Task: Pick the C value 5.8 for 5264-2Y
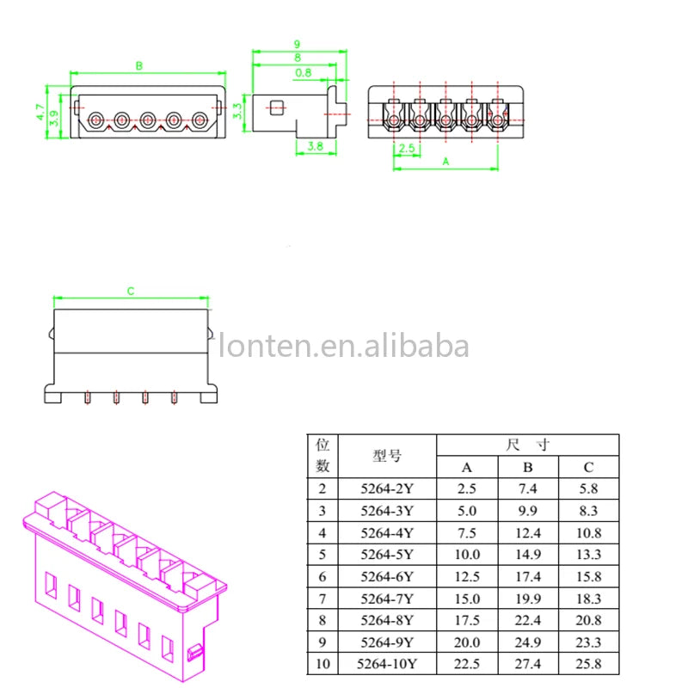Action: coord(588,489)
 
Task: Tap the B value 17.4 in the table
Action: coord(528,576)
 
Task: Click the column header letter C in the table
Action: coord(588,468)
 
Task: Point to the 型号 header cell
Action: coord(387,457)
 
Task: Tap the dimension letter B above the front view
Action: coord(139,66)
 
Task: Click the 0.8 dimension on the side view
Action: coord(303,73)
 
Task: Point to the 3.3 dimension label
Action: coord(238,110)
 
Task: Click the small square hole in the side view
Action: coord(276,107)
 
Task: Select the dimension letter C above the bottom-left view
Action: coord(131,292)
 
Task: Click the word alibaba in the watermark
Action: coord(421,347)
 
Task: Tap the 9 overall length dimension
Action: coord(297,44)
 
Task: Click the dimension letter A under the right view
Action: coord(445,161)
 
